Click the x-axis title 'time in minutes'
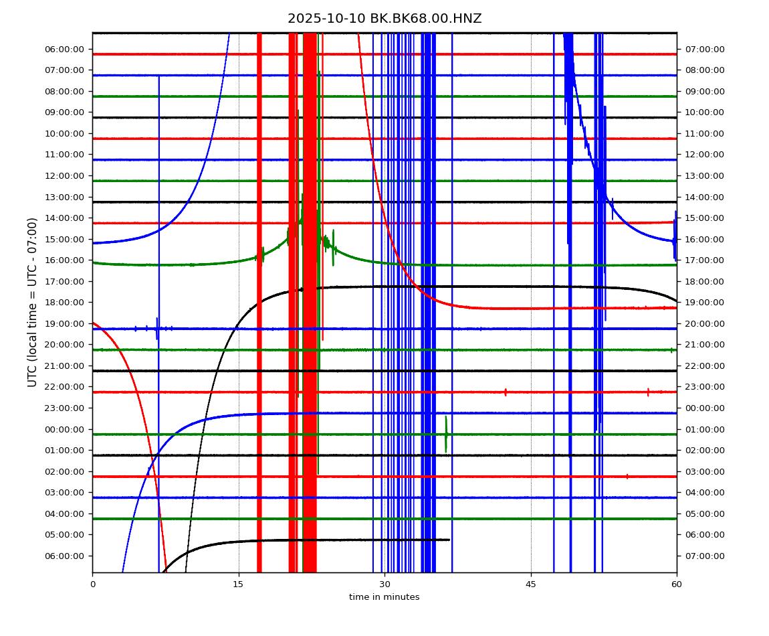(x=384, y=597)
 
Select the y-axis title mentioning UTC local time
(x=32, y=302)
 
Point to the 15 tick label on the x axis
(x=238, y=584)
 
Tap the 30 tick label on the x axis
(x=384, y=584)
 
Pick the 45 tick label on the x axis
(x=531, y=584)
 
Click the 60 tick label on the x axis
(x=677, y=584)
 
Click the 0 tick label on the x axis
(x=92, y=584)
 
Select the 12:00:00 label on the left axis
(x=66, y=175)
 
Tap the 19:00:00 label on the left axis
(x=66, y=323)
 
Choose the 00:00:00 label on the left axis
(x=66, y=429)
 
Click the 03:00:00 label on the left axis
(x=66, y=492)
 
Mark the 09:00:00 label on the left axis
(x=66, y=112)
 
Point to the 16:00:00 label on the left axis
(x=66, y=260)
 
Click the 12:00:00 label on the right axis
(x=704, y=154)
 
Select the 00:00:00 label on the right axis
(x=704, y=408)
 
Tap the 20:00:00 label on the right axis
(x=704, y=323)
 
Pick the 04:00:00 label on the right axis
(x=704, y=492)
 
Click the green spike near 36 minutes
(x=446, y=433)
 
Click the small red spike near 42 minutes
(x=506, y=392)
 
